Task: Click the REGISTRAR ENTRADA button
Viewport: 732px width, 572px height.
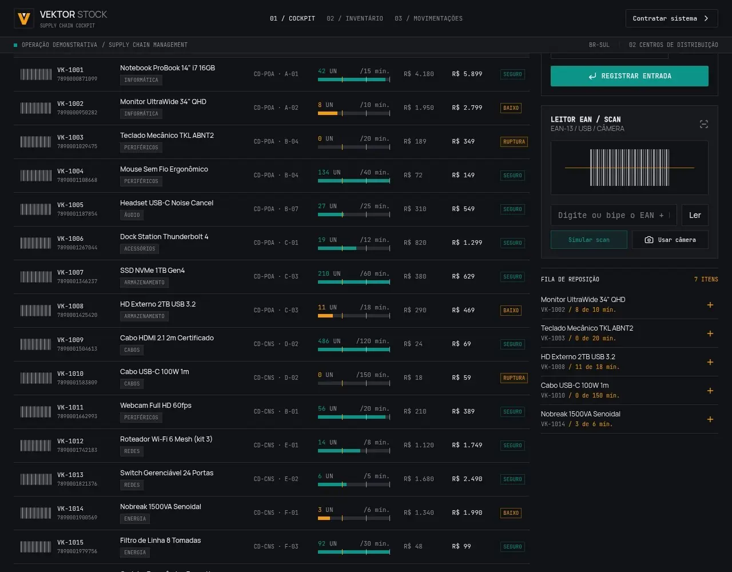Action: click(629, 76)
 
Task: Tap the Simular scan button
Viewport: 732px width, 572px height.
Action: click(589, 240)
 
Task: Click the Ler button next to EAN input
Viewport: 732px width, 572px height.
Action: click(695, 215)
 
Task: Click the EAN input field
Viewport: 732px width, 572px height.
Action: click(614, 215)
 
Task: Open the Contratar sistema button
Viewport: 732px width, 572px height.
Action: click(671, 18)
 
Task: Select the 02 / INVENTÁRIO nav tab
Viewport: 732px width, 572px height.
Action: click(355, 18)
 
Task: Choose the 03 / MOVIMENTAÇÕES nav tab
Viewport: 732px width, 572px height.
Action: click(428, 18)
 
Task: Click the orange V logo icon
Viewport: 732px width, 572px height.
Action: click(24, 18)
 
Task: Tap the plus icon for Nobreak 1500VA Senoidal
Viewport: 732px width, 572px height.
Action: click(710, 419)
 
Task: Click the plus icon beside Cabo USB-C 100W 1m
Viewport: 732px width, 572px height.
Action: click(710, 391)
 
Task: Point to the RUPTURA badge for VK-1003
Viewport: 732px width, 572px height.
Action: click(514, 142)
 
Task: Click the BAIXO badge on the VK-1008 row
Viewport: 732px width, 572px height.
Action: click(511, 310)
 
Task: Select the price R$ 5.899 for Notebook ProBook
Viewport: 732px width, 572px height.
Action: click(467, 74)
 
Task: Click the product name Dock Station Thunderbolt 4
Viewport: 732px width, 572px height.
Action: click(164, 237)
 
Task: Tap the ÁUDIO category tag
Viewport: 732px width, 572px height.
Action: click(132, 215)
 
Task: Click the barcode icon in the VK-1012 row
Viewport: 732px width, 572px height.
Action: click(35, 446)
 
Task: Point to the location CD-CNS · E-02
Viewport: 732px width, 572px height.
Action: click(276, 479)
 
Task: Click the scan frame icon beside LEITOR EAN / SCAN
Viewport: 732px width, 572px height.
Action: click(704, 124)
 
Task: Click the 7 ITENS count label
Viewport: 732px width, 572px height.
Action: click(706, 279)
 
